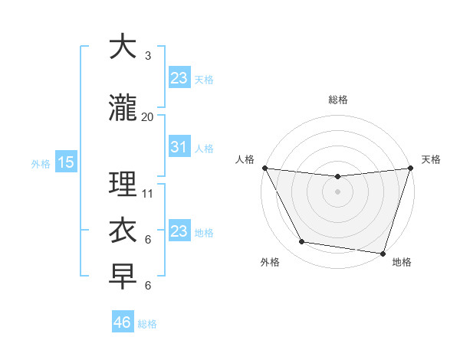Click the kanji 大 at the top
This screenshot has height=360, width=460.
(x=123, y=47)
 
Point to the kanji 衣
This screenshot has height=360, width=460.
(x=123, y=231)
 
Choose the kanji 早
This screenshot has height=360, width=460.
(x=123, y=277)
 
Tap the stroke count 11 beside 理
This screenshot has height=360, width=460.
(x=148, y=194)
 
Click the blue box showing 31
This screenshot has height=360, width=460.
(x=179, y=147)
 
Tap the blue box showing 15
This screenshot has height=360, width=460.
(x=65, y=162)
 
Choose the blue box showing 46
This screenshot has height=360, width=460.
(x=122, y=322)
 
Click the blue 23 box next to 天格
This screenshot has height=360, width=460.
(x=179, y=77)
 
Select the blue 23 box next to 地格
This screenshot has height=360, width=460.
(x=179, y=231)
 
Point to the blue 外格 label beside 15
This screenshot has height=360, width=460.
(x=40, y=163)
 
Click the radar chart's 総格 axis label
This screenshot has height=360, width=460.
(x=337, y=100)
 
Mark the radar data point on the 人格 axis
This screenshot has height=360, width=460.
(x=264, y=168)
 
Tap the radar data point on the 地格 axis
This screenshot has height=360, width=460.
(x=383, y=253)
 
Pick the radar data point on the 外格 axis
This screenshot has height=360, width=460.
(x=302, y=242)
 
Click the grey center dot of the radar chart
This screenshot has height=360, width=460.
(x=337, y=191)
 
